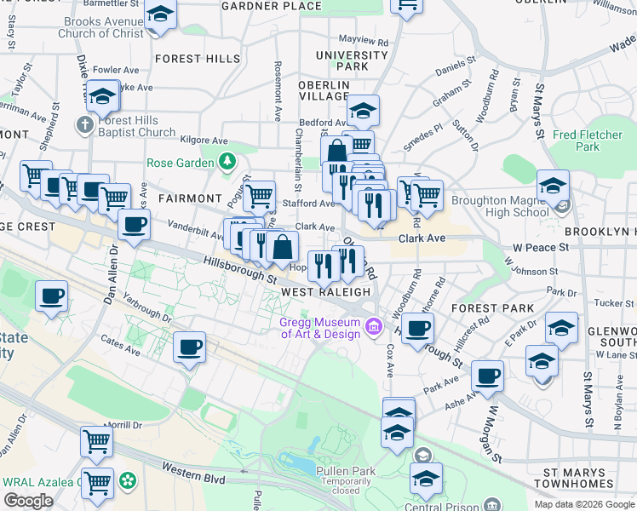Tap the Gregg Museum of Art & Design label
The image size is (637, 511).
[320, 328]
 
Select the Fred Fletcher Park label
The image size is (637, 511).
[588, 141]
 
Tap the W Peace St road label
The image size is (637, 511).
[540, 247]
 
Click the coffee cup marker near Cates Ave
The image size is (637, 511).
[190, 347]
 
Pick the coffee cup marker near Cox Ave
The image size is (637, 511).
[416, 329]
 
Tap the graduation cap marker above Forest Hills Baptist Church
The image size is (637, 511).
[102, 97]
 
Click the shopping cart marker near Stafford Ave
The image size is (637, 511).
[259, 196]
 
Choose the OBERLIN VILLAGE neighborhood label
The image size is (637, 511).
[324, 90]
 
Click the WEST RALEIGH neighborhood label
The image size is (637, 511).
[326, 291]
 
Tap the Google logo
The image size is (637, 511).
[28, 501]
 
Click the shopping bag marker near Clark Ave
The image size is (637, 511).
[282, 247]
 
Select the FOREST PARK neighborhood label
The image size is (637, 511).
[493, 308]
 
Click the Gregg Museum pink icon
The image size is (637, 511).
[373, 327]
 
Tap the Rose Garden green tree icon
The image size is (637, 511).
[227, 161]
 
